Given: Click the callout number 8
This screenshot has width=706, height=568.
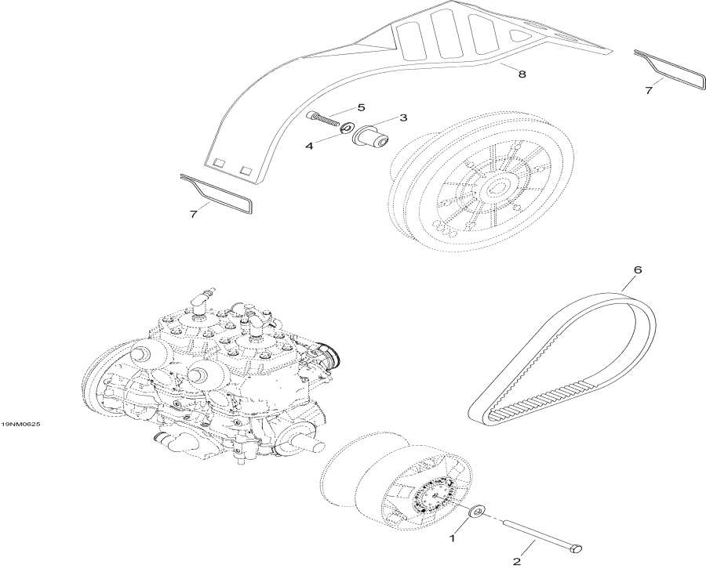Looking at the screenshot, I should [x=522, y=73].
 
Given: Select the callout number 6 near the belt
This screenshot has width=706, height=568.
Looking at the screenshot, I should [x=637, y=270].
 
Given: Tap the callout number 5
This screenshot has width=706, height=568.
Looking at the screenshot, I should [x=361, y=107].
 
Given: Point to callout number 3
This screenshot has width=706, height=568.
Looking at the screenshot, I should [x=403, y=118].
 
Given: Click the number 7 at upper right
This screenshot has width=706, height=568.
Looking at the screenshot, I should [x=649, y=91].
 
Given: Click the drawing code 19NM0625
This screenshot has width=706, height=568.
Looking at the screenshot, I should [x=21, y=424].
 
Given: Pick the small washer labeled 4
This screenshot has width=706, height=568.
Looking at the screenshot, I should [x=344, y=128].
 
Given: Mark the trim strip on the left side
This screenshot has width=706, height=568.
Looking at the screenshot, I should [x=217, y=194].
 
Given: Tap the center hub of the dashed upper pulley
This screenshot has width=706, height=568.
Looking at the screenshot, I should [x=497, y=189].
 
